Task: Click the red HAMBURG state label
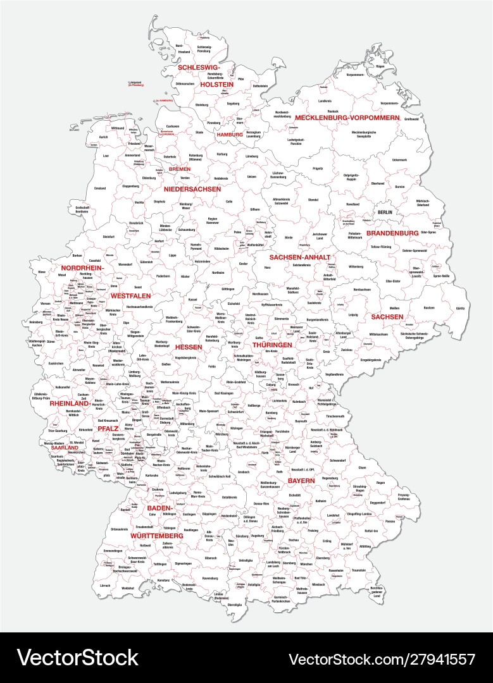(x=230, y=135)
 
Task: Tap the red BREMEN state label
(x=179, y=169)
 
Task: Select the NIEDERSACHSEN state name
(x=192, y=189)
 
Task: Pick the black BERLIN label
(x=385, y=212)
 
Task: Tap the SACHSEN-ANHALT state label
(x=299, y=257)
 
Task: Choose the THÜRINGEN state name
(x=272, y=345)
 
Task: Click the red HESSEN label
(x=189, y=347)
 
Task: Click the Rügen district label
(x=380, y=66)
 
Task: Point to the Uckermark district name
(x=399, y=159)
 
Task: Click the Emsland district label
(x=100, y=188)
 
